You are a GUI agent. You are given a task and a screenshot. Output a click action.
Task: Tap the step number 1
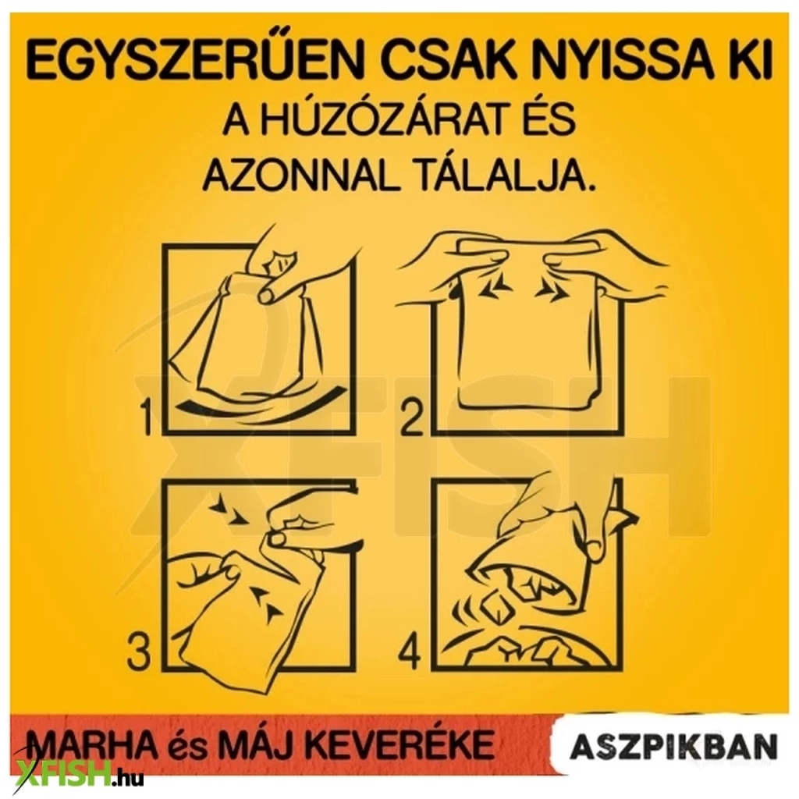[x=147, y=417]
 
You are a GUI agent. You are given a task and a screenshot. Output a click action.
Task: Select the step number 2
[x=411, y=418]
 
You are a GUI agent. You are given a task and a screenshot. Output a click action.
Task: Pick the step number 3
[x=139, y=652]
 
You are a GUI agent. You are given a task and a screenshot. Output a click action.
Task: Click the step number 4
[x=409, y=652]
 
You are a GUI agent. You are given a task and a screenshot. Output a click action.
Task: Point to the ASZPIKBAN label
[x=674, y=746]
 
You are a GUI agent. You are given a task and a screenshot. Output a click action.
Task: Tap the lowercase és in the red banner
[x=190, y=747]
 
